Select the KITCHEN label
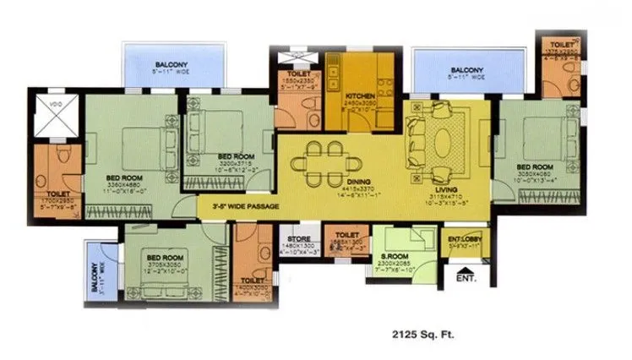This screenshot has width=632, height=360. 360,97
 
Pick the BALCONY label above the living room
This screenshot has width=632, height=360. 467,70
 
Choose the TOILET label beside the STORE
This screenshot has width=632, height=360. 347,235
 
